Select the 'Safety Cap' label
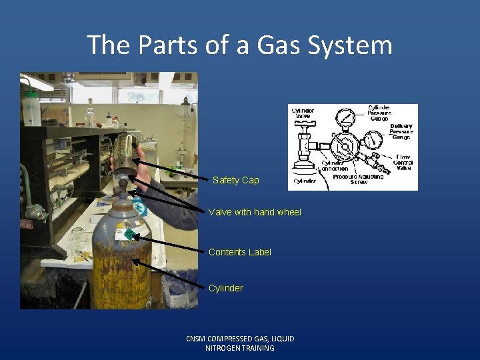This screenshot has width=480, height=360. pyautogui.click(x=236, y=180)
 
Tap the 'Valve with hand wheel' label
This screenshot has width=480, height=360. pyautogui.click(x=255, y=212)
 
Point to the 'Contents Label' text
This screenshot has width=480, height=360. pyautogui.click(x=240, y=252)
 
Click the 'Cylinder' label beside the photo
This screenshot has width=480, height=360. pyautogui.click(x=226, y=288)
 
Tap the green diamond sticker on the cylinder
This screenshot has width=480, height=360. pyautogui.click(x=129, y=235)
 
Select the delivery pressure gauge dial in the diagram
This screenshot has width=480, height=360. pyautogui.click(x=373, y=139)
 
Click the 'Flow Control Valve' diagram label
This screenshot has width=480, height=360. pyautogui.click(x=403, y=163)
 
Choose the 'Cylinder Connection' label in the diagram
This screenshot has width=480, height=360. pyautogui.click(x=334, y=165)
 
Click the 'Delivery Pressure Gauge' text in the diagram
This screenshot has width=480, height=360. pyautogui.click(x=401, y=131)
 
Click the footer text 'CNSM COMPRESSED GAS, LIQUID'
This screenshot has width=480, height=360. pyautogui.click(x=240, y=339)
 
